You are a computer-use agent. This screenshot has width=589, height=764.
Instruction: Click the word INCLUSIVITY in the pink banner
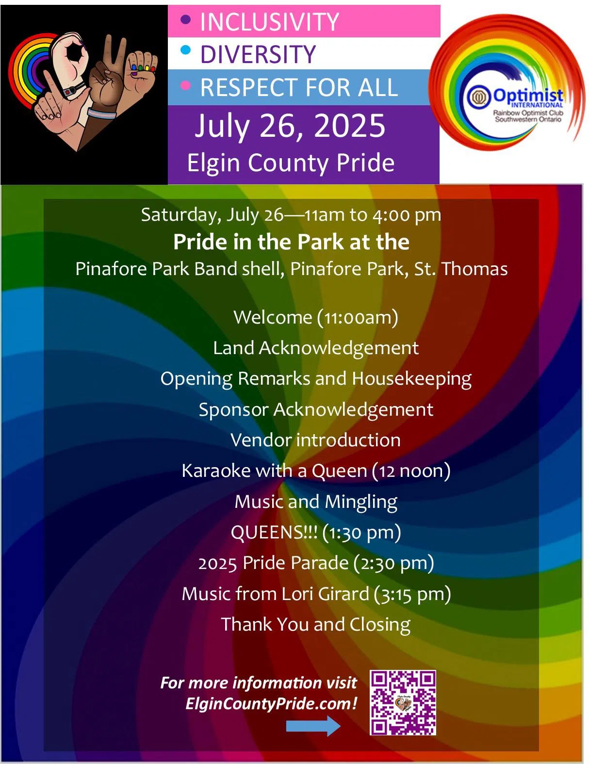tap(269, 22)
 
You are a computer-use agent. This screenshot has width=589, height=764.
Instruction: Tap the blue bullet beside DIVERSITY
tap(185, 50)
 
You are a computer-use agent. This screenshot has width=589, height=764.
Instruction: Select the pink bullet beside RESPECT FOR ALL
tap(185, 85)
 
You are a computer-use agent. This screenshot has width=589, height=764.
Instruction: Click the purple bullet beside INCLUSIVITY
tap(185, 20)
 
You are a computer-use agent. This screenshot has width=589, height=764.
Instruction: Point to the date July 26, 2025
tap(290, 126)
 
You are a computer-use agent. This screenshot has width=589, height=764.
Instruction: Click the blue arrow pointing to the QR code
tap(313, 726)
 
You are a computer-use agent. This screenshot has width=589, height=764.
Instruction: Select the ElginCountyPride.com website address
tap(271, 703)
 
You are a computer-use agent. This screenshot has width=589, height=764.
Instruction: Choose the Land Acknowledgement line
tap(316, 348)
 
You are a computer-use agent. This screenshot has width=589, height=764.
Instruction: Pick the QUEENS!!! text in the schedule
tap(274, 532)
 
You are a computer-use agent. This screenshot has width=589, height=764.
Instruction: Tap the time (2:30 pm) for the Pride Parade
tap(393, 563)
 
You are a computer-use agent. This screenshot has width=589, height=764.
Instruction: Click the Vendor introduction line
tap(315, 440)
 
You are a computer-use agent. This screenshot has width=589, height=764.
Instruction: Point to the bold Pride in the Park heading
tap(291, 242)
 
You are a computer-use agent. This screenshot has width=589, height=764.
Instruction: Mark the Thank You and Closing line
tap(315, 624)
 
